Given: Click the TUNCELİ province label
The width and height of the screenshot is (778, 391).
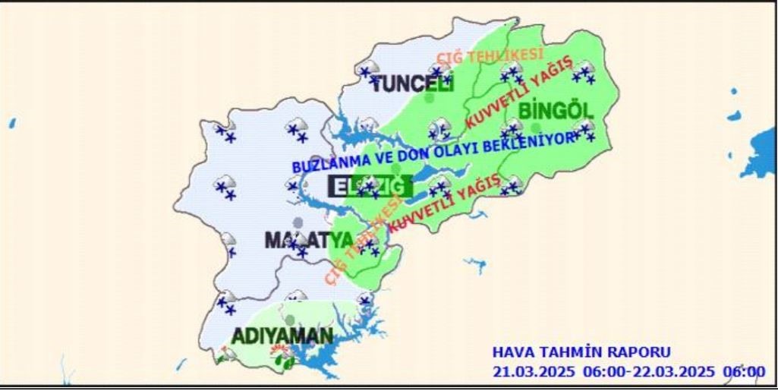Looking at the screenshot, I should [412, 84].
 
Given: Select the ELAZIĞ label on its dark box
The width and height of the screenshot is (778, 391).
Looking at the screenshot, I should [370, 185].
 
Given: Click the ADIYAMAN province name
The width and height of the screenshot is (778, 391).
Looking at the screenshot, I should [282, 336].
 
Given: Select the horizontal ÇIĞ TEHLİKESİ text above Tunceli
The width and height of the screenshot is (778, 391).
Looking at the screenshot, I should [490, 55].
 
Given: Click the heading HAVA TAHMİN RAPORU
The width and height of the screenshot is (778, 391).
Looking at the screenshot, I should [581, 352].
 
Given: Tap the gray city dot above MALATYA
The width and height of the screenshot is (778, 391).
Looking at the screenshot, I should [298, 222].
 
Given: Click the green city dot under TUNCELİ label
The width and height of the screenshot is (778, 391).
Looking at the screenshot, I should [429, 98].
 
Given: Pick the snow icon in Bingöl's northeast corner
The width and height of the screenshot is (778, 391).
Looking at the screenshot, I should [584, 72].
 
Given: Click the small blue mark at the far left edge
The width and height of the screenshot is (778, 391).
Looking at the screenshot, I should [12, 122].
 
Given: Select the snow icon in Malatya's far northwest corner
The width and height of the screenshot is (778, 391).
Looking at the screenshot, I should [225, 132].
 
